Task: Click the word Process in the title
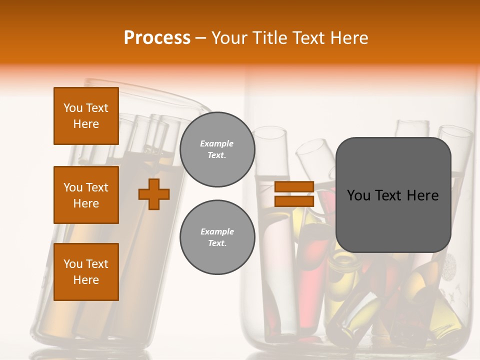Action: tap(157, 38)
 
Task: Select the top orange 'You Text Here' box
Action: tap(86, 116)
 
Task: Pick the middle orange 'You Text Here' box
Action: tap(86, 195)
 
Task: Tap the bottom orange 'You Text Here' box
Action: tap(86, 272)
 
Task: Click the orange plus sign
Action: tap(154, 194)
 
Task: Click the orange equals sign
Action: tap(294, 194)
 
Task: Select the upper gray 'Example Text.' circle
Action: tap(217, 149)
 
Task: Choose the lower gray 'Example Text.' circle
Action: tap(217, 237)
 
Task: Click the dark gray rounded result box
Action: tap(393, 194)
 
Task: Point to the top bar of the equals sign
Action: tap(294, 187)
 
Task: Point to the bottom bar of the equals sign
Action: tap(294, 201)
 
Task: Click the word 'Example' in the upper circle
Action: tap(217, 143)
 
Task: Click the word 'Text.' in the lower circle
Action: tap(217, 243)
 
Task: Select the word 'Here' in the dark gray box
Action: tap(423, 195)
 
